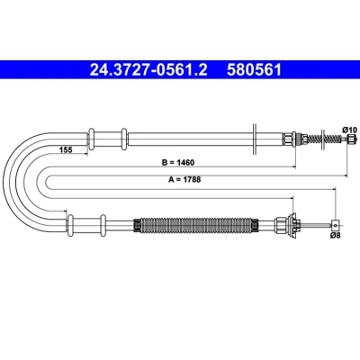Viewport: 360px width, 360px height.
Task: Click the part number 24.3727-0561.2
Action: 148,70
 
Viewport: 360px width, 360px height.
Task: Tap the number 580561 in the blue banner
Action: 254,70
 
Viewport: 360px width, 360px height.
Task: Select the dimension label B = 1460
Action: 178,163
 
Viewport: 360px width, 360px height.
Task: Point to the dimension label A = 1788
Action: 184,180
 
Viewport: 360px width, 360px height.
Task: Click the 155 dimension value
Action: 66,149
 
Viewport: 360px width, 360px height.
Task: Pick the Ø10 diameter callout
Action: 349,130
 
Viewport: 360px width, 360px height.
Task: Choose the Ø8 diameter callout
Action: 336,236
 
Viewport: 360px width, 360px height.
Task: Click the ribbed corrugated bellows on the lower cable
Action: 196,225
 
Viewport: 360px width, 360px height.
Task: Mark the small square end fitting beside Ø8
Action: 335,224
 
